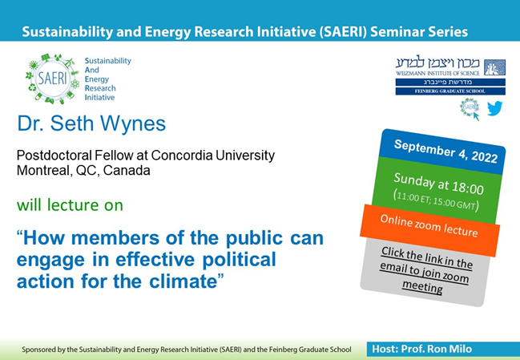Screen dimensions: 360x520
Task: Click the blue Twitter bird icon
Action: pyautogui.click(x=494, y=107)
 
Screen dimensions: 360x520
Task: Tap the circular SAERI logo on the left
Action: pyautogui.click(x=53, y=79)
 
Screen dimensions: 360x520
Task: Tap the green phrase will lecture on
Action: pyautogui.click(x=70, y=205)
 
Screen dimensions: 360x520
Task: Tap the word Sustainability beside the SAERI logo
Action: pyautogui.click(x=108, y=61)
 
